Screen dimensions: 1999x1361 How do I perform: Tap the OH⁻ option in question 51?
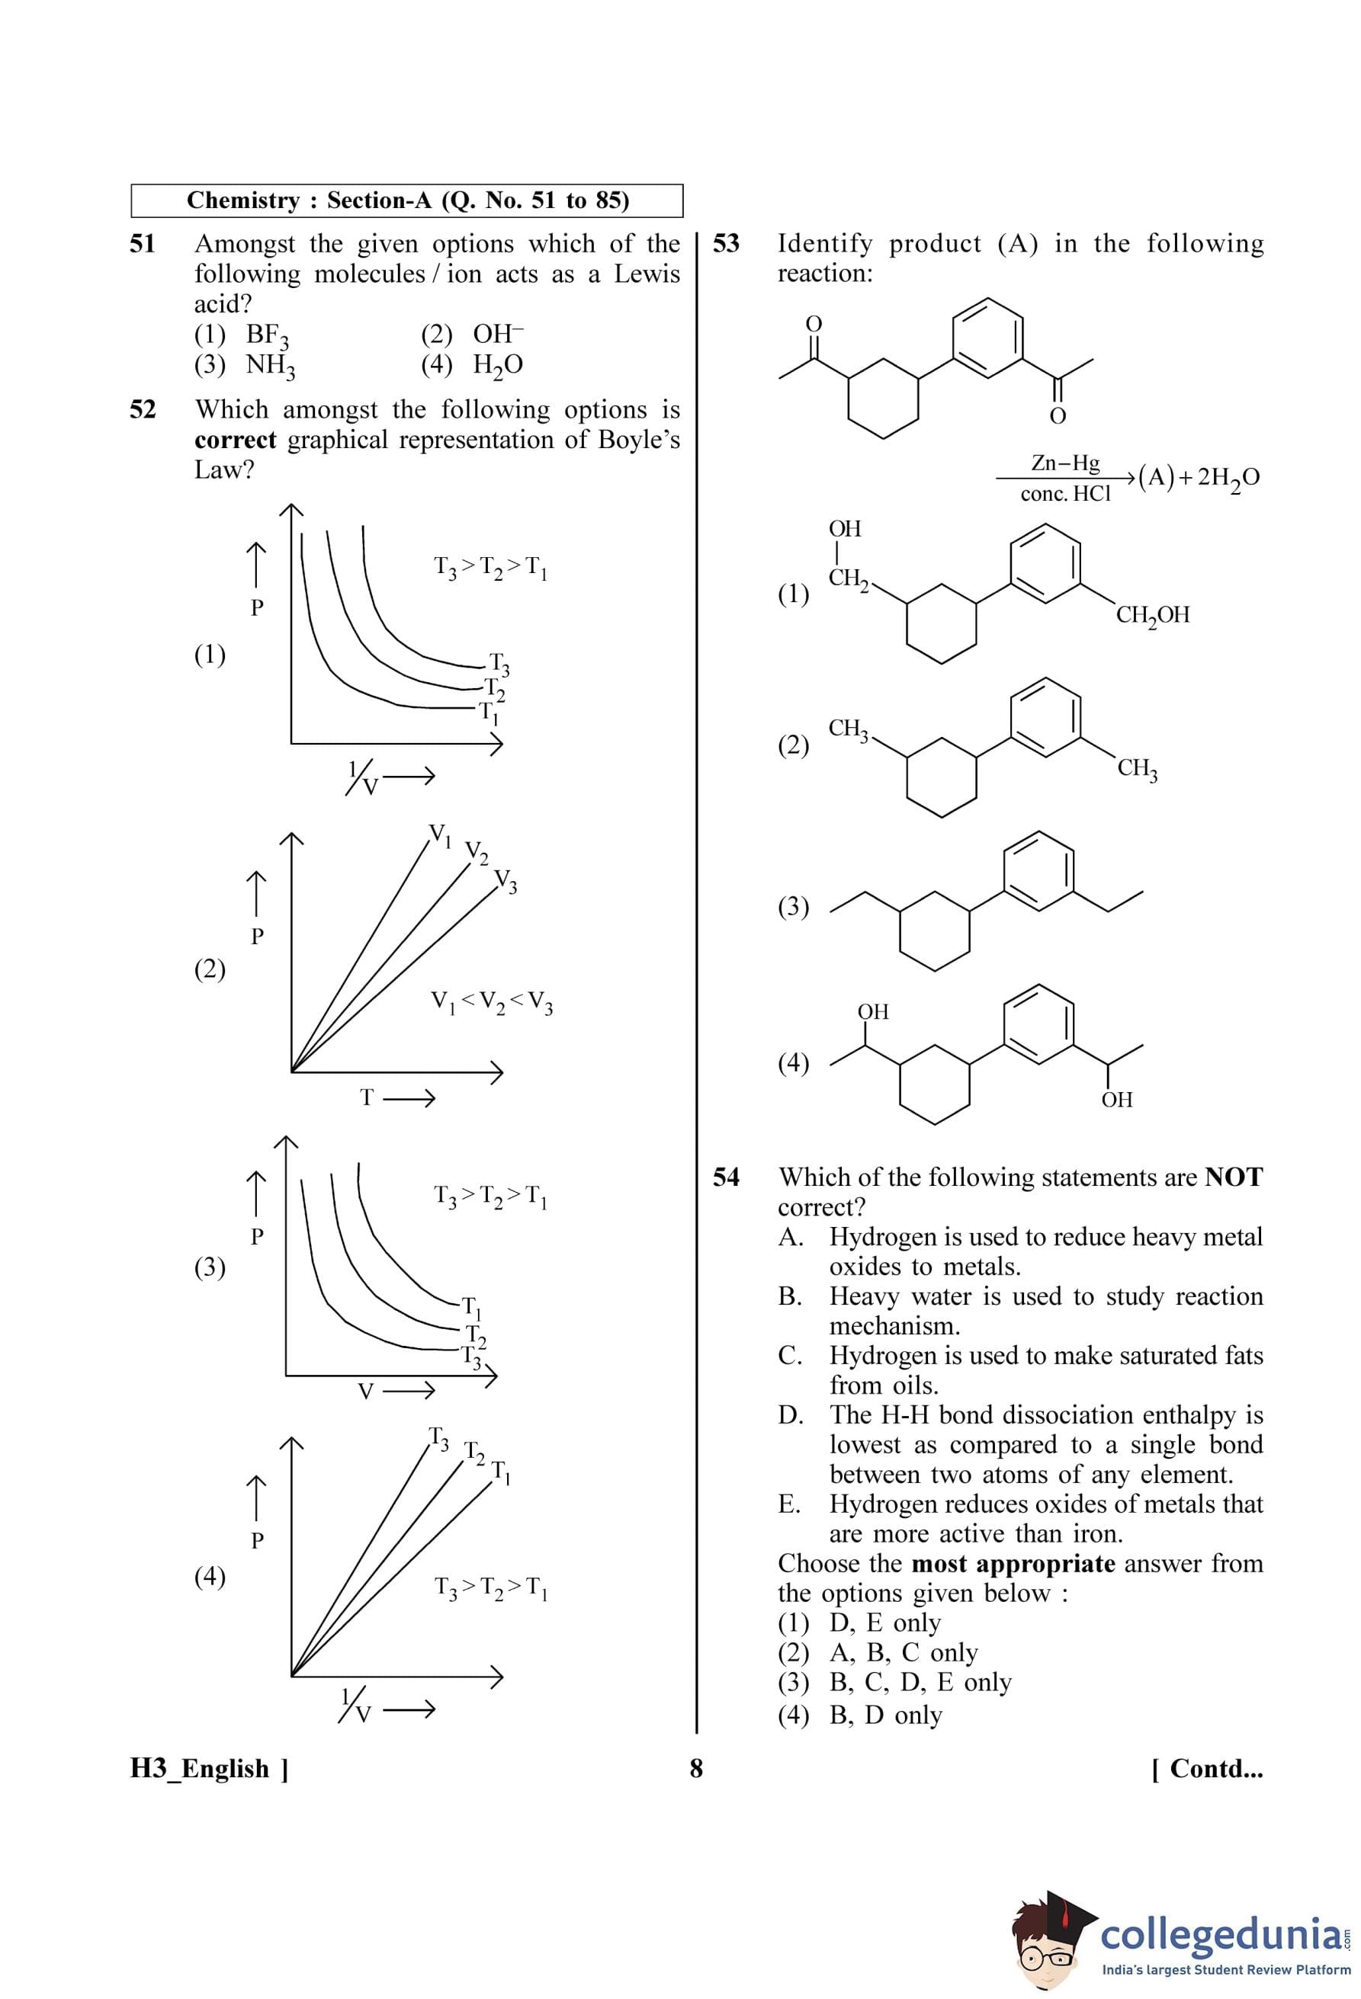497,334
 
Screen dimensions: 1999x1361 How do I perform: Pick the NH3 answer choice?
269,366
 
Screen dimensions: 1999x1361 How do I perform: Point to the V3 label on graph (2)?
506,881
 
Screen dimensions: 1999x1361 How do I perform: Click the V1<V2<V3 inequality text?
491,1002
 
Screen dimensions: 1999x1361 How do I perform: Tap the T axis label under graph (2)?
368,1097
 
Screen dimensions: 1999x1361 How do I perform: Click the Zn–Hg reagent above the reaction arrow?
1065,463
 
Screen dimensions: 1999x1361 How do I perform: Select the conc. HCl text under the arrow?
1065,494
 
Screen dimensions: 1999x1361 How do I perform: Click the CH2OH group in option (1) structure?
1152,615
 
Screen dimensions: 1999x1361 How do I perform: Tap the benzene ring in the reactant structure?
987,337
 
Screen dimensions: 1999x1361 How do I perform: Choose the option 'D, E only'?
884,1623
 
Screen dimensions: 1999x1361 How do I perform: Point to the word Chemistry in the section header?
242,200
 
